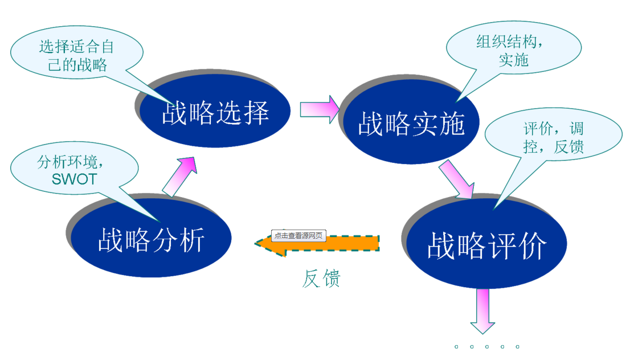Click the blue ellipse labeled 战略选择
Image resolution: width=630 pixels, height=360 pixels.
click(x=215, y=112)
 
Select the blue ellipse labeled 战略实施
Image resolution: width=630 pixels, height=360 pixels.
click(x=411, y=123)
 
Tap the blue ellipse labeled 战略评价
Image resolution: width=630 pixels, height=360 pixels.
click(x=486, y=245)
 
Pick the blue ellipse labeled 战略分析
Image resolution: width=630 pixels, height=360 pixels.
click(x=152, y=239)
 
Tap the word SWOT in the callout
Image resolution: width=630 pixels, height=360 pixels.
click(x=74, y=179)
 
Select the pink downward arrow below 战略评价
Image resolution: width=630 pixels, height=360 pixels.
click(x=482, y=311)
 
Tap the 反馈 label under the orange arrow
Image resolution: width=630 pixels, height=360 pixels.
click(x=322, y=278)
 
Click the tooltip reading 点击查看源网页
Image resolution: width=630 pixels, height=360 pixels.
click(x=298, y=235)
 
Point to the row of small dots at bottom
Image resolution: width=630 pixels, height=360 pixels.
click(x=486, y=346)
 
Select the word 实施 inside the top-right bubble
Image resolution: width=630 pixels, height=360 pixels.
click(x=514, y=60)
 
